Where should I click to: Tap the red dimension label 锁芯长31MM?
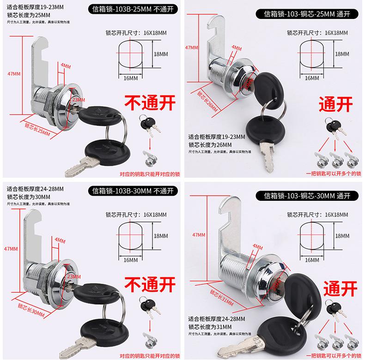click(x=219, y=294)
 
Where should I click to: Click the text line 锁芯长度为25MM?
click(x=28, y=15)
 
